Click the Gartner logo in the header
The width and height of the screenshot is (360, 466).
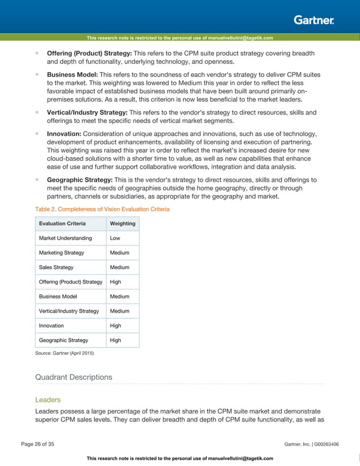point(314,21)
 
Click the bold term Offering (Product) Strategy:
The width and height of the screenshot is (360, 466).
point(89,53)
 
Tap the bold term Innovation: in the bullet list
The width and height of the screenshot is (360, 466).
point(64,133)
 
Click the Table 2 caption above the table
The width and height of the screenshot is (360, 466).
point(102,209)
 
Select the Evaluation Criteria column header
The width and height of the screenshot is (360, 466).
point(62,223)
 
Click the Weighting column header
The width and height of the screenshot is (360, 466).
point(122,223)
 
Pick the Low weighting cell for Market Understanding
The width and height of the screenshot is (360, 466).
point(115,238)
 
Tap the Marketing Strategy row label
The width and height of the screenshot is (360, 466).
point(61,253)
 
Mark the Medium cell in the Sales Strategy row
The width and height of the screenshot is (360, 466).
point(119,267)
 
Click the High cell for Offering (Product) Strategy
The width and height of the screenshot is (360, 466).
point(115,282)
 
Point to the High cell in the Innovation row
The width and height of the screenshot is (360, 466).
point(115,326)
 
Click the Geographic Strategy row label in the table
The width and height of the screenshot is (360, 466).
point(63,340)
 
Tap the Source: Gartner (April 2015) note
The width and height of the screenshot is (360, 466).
point(64,353)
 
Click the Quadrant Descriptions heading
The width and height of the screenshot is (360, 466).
point(73,377)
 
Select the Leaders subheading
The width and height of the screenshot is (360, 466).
point(48,399)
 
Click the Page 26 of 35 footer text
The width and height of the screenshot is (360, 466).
point(38,445)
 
